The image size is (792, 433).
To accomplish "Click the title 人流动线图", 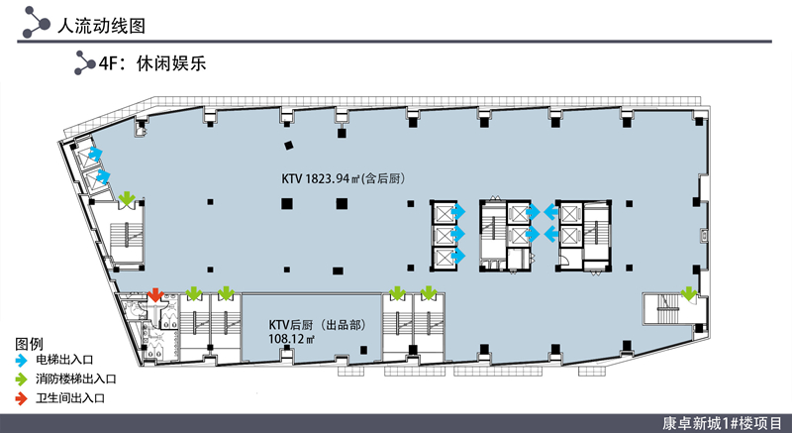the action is [101, 25].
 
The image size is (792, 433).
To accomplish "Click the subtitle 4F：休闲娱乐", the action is [152, 63].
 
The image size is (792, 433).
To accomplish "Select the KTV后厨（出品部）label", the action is [317, 325].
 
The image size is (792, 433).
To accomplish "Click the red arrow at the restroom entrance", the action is [155, 294].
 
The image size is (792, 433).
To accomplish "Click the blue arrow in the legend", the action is [21, 361].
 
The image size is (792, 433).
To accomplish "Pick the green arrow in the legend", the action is [21, 379].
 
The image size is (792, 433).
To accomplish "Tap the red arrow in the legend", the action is [21, 398].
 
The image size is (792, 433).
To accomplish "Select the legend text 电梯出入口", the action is [64, 361].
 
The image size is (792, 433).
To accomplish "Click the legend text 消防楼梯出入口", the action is [76, 379].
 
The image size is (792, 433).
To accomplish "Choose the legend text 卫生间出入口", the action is [69, 398].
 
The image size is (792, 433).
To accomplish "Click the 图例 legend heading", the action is [29, 344].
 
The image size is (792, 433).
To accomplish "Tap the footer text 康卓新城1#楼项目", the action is [723, 423].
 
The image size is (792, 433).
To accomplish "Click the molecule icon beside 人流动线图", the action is [37, 22].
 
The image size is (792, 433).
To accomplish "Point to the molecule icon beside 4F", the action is [84, 62].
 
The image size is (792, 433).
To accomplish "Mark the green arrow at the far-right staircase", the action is [688, 293].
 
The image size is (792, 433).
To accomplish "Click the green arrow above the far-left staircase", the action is [127, 198].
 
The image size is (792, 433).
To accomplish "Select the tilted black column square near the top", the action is [288, 146].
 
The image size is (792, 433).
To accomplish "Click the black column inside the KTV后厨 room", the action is [363, 350].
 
